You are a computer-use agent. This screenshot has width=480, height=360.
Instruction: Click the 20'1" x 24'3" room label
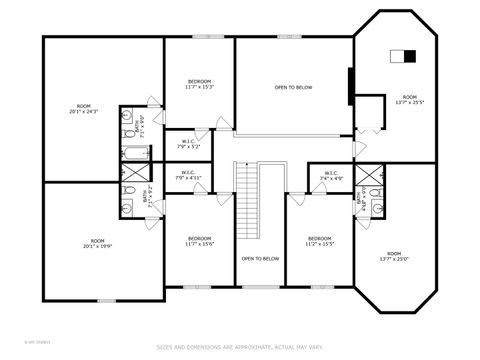tap(83, 108)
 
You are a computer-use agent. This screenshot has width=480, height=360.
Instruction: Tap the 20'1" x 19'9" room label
tap(97, 243)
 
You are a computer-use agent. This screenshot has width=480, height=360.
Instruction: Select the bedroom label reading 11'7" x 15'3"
tap(199, 84)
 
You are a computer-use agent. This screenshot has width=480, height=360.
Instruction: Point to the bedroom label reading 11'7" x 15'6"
tap(199, 241)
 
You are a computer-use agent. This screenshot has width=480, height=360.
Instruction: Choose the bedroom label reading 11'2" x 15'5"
tap(319, 241)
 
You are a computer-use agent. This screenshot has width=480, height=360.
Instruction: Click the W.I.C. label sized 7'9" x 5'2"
tap(189, 144)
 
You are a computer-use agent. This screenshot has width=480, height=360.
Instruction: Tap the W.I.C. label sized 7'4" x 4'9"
tap(330, 176)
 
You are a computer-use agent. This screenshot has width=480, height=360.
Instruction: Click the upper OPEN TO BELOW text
tap(293, 88)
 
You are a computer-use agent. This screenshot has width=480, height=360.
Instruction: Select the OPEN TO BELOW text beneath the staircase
tap(259, 259)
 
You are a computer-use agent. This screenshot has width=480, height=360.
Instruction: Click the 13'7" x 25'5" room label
tap(406, 98)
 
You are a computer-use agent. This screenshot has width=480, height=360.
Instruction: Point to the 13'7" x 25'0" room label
tap(393, 256)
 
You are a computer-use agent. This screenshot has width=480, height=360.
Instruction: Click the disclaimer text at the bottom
tap(240, 347)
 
